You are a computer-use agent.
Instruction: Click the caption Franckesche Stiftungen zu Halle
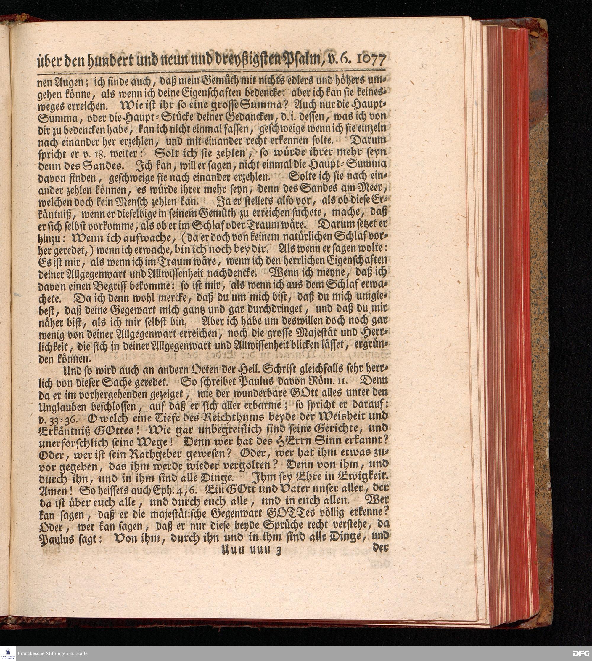[x=52, y=654]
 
